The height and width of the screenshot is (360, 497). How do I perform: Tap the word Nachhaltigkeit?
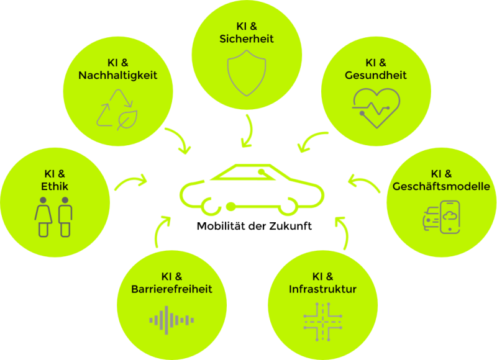118,75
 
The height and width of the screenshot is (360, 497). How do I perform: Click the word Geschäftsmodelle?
441,186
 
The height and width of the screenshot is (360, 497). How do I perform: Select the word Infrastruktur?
322,289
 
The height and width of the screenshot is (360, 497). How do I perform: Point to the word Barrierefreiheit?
171,289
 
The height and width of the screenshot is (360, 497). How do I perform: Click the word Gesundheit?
376,75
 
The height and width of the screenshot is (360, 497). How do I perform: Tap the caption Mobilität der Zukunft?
254,226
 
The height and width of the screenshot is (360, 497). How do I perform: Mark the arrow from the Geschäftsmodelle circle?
365,181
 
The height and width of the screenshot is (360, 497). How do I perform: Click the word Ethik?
55,186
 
